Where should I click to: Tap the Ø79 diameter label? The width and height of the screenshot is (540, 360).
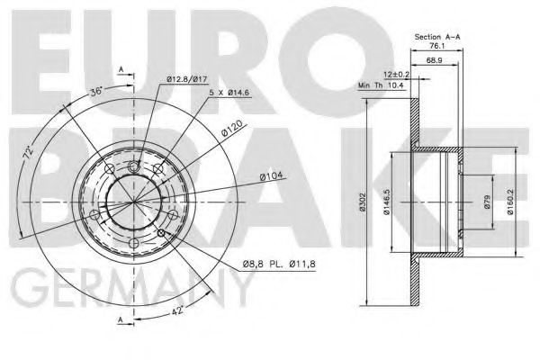[486, 202]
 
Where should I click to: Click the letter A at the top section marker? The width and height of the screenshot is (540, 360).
[121, 68]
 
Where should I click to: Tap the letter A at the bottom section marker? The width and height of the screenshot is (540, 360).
[121, 321]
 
